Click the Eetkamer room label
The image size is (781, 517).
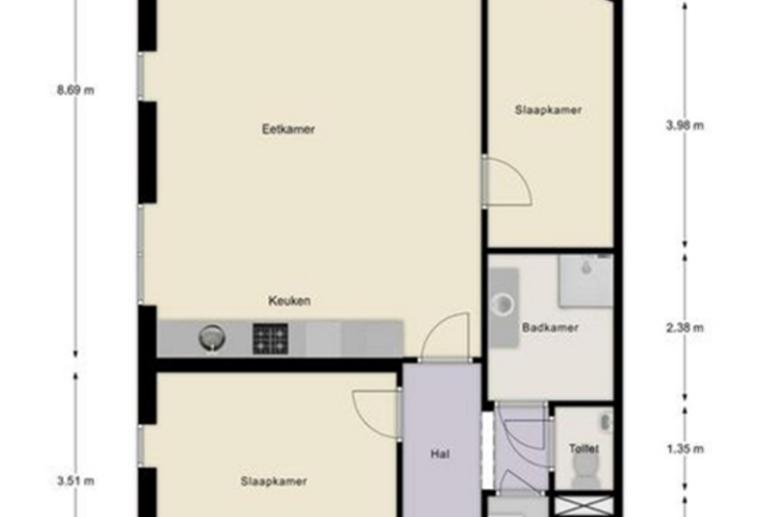[288, 129]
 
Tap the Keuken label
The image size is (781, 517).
[289, 300]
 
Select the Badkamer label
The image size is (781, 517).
[550, 328]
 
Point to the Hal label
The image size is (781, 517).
[441, 454]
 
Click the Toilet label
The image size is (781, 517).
[583, 448]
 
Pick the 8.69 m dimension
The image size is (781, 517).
[76, 90]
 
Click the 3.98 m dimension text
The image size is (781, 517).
[685, 125]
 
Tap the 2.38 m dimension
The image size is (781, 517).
[685, 328]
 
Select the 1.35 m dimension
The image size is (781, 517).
[685, 448]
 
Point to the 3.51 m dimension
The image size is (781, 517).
[76, 481]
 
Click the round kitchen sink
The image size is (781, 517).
[212, 338]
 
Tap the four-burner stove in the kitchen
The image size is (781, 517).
[270, 339]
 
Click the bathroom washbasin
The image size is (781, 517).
[503, 304]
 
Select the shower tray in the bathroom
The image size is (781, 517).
[585, 280]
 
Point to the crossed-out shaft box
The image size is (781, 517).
[583, 506]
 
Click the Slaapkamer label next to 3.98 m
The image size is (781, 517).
[549, 110]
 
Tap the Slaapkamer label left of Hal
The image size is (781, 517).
[274, 481]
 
